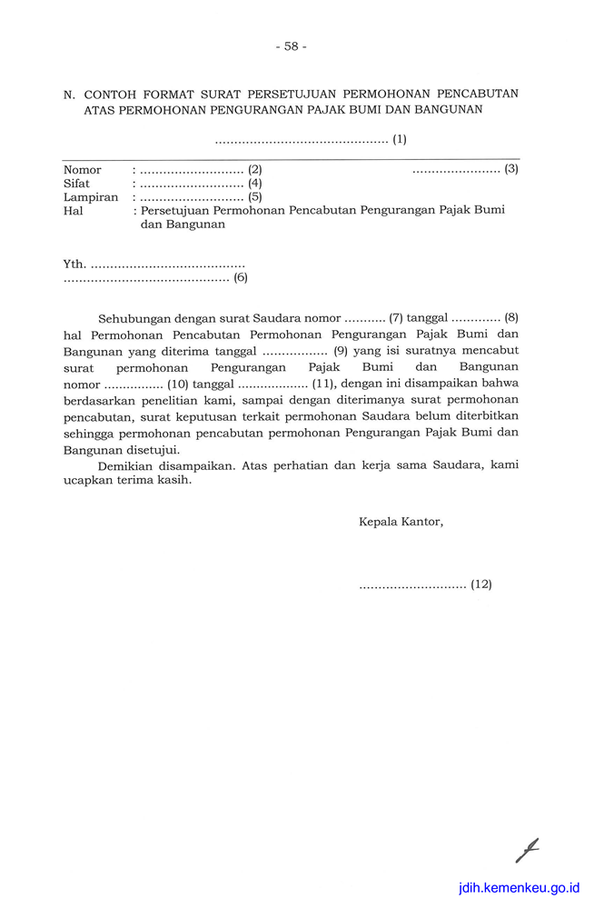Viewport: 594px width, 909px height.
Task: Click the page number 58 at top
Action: tap(291, 46)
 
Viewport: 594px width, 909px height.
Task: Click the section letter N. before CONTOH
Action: tap(69, 94)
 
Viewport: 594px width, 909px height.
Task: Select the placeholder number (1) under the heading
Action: tap(400, 140)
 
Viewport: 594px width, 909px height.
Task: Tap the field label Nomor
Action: tap(83, 170)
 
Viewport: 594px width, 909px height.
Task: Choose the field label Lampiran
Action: tap(91, 197)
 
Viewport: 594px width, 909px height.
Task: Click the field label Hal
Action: tap(73, 210)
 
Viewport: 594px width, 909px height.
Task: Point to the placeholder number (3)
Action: tap(511, 169)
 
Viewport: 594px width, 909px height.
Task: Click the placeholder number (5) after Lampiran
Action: tap(255, 196)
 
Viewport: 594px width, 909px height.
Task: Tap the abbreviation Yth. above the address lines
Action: tap(74, 265)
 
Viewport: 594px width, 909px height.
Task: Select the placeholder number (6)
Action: tap(241, 278)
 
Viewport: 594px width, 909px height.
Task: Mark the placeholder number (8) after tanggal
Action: tap(511, 318)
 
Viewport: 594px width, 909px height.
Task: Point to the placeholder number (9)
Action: tap(341, 351)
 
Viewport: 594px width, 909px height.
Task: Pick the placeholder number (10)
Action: tap(177, 384)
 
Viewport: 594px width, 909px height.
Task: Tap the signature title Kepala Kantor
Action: tap(401, 522)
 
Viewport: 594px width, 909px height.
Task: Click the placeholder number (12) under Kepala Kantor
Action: tap(481, 584)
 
